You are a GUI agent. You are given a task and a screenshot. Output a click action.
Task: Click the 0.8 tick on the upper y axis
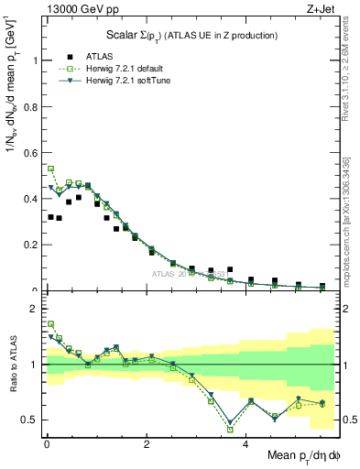(31, 107)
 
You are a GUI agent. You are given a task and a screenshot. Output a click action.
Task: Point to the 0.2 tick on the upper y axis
(31, 245)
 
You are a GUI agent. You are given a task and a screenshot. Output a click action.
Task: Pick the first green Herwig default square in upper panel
(50, 169)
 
